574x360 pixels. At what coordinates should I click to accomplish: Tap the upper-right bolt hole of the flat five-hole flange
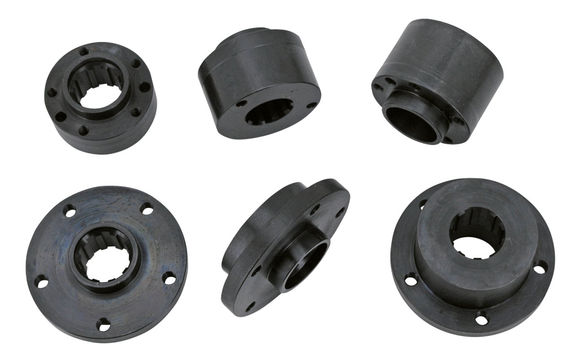[x=146, y=208]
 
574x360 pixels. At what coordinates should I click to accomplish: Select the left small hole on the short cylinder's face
[x=241, y=104]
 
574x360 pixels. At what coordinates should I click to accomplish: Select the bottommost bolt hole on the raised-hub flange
[x=481, y=319]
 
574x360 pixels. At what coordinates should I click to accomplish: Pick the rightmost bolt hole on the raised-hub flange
[x=542, y=268]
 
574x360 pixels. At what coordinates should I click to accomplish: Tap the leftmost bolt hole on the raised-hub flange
[x=410, y=280]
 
